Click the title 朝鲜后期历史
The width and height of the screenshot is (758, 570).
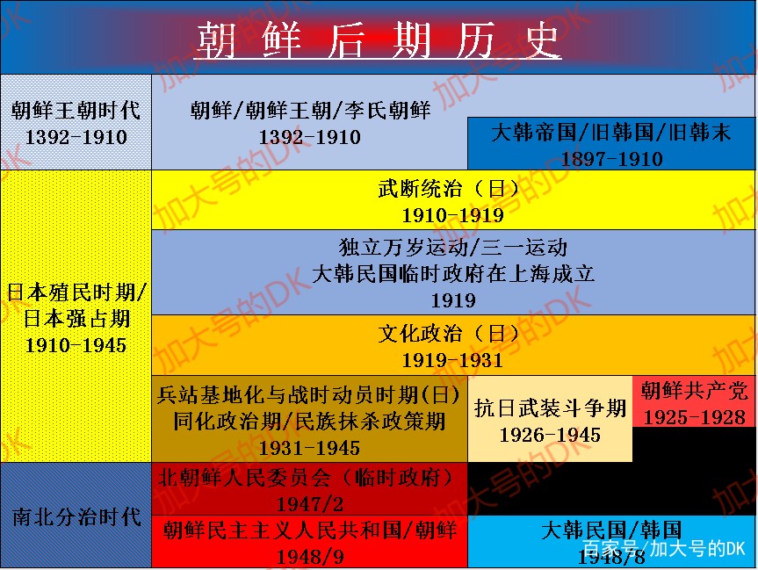[378, 40]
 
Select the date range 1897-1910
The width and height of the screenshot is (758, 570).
[611, 159]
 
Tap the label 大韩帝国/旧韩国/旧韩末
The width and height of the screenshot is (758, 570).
[611, 133]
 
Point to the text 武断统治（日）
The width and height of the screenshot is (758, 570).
[453, 189]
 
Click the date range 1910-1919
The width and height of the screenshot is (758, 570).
[453, 215]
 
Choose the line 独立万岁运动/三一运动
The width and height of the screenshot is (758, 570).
[453, 248]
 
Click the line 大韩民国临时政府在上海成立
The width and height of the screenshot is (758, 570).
[453, 274]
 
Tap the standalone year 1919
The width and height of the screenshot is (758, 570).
[453, 300]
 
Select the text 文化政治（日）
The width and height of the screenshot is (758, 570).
[453, 334]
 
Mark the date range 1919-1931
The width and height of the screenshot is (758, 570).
[453, 360]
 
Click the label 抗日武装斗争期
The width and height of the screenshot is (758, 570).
[550, 408]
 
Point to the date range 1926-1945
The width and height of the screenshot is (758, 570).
[550, 435]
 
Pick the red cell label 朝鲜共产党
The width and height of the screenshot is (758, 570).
[694, 391]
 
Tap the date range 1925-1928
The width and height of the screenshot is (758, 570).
[694, 417]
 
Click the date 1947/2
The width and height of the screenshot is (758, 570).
[310, 504]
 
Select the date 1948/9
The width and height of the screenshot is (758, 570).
[310, 557]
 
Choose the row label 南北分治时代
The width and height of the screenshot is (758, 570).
[76, 516]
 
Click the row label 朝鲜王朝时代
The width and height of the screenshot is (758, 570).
[76, 111]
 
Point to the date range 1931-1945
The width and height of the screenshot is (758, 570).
[310, 448]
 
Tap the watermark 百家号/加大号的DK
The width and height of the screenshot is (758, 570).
[664, 549]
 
